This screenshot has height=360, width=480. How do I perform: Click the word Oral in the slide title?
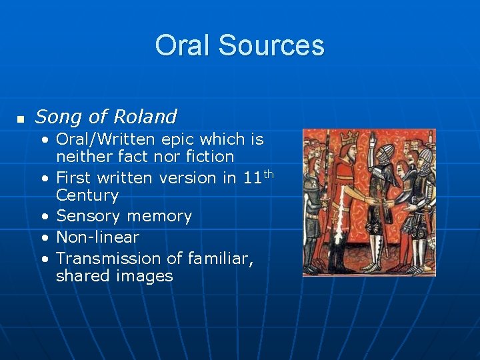tap(183, 45)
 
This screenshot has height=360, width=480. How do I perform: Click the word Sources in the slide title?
tap(271, 45)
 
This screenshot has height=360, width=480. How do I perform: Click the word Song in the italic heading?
tap(58, 117)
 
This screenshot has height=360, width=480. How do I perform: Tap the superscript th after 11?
tap(269, 174)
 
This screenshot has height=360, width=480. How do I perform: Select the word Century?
tap(87, 195)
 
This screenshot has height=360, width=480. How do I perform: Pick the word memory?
tap(161, 217)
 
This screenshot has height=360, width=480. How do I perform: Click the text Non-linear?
tap(97, 237)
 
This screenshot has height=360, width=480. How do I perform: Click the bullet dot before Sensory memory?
tap(44, 217)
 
